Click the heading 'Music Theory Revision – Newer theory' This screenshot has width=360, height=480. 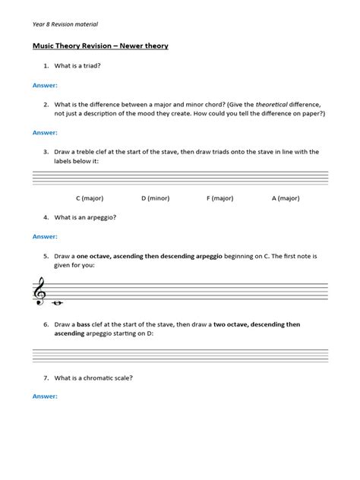tap(100, 46)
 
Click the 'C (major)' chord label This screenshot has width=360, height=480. tap(90, 197)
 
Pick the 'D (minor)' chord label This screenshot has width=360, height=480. tap(154, 197)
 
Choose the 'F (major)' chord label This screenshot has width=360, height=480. tap(219, 197)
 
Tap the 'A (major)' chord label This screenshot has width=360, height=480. tap(285, 197)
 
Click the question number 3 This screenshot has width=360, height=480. tap(46, 152)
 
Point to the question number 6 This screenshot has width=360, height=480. tap(46, 325)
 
